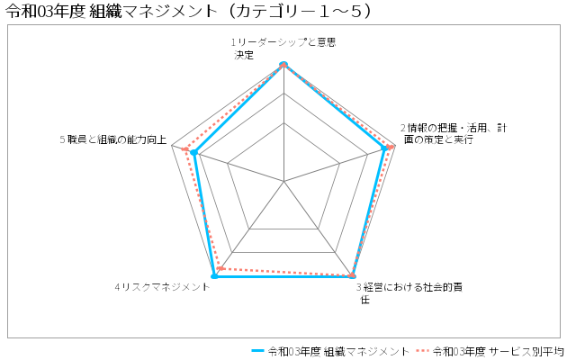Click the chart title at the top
[x=188, y=11]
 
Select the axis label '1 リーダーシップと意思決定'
[x=283, y=49]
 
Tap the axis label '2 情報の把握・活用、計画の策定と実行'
[x=454, y=133]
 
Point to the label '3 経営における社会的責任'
[x=409, y=293]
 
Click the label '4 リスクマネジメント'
[x=162, y=287]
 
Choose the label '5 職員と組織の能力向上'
[x=113, y=139]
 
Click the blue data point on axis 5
[x=194, y=153]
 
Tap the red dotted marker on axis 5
[x=185, y=149]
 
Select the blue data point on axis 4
[x=214, y=276]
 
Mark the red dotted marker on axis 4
[x=219, y=268]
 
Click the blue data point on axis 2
[x=384, y=148]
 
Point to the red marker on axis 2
[x=391, y=147]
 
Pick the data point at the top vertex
[x=283, y=64]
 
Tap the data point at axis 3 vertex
[x=352, y=276]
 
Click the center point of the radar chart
[x=284, y=181]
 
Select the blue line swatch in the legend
[x=257, y=351]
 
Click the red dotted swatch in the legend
[x=422, y=351]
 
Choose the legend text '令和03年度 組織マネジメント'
[x=338, y=351]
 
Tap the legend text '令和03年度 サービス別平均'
[x=499, y=351]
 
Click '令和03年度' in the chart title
[x=45, y=11]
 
